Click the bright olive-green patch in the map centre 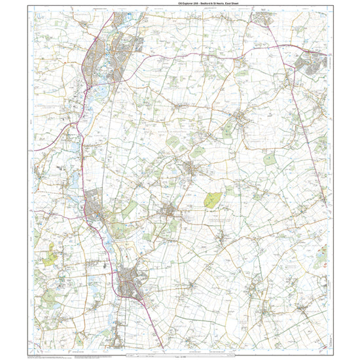212,200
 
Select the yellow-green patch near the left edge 50,257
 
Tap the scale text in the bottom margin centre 179,355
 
